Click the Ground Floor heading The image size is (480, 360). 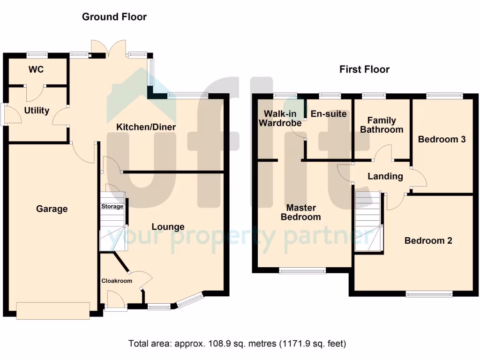[114, 17]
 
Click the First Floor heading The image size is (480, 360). [364, 69]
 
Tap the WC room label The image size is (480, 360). [36, 69]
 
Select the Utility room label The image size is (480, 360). [37, 111]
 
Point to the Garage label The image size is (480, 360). [52, 209]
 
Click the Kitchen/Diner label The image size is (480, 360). [146, 127]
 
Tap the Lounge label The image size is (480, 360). [168, 227]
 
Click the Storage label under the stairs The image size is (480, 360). [112, 206]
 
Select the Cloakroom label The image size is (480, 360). [117, 281]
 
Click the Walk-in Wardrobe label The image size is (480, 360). [280, 119]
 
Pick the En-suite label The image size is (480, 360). [329, 114]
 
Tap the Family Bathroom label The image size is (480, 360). [382, 125]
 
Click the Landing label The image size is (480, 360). [385, 176]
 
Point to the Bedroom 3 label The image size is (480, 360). [442, 139]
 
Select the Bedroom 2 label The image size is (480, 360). [428, 240]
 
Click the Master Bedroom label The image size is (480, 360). [301, 212]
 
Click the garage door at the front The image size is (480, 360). [53, 311]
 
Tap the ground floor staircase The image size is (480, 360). [112, 222]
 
